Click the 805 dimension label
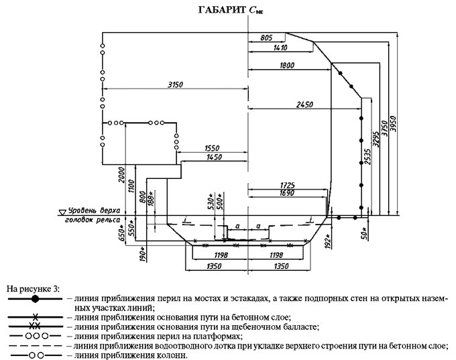[266, 40]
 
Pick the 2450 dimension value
[305, 105]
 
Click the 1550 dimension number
[215, 147]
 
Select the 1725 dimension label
[288, 183]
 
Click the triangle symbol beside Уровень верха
[62, 211]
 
